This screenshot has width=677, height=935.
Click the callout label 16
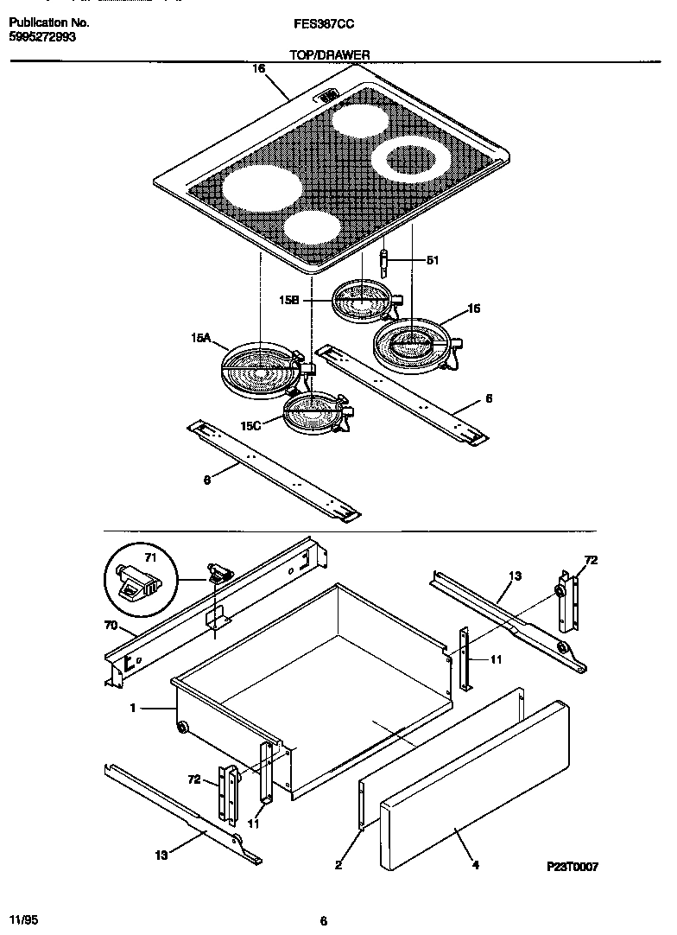[258, 68]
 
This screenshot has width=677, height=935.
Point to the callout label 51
[433, 259]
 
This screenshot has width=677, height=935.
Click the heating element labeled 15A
[259, 369]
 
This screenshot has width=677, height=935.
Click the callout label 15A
[200, 340]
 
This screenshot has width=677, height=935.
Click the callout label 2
[338, 864]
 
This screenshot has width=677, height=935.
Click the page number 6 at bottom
[323, 920]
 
